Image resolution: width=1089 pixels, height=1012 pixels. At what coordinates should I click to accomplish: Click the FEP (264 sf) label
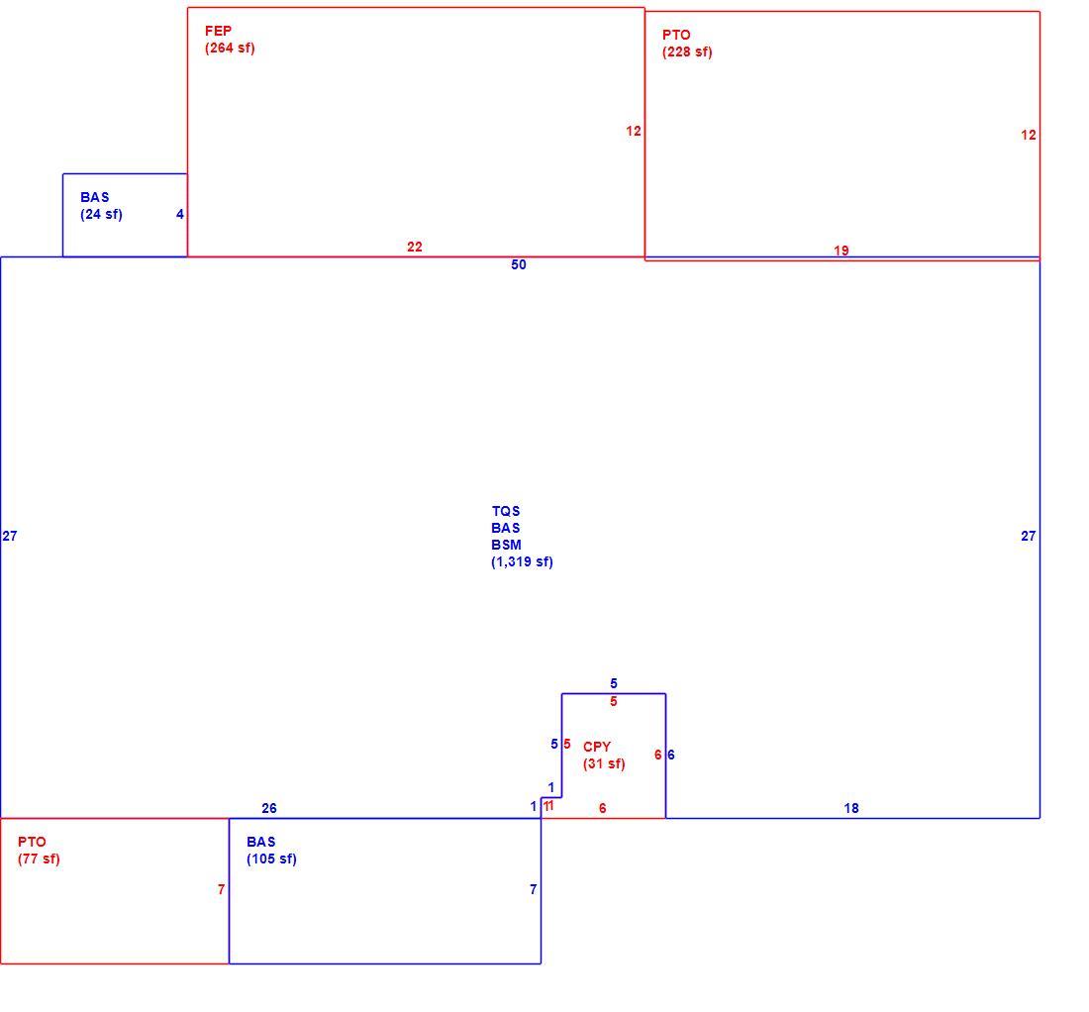pos(230,40)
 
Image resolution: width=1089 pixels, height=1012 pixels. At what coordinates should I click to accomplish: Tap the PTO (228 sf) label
pos(687,44)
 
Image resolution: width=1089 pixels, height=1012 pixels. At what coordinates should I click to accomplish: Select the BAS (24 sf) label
pos(101,206)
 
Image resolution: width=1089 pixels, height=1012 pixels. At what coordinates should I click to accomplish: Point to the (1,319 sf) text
pos(523,561)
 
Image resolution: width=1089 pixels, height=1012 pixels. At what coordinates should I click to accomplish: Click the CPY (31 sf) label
pos(604,756)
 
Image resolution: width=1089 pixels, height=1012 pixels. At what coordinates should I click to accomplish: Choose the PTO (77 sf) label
pos(39,851)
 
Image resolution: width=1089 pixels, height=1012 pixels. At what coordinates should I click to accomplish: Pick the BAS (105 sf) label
pos(271,851)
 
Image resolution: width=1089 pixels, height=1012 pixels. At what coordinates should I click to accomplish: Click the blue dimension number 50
pos(519,264)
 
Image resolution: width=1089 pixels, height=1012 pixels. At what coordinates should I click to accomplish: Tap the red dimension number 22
pos(415,247)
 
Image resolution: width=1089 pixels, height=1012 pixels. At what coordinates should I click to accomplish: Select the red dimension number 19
pos(841,251)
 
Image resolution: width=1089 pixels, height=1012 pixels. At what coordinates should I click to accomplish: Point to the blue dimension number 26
pos(268,808)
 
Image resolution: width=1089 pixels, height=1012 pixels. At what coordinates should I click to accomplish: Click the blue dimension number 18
pos(851,808)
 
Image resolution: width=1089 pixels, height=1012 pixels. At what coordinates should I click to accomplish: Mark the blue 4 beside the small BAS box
pos(180,215)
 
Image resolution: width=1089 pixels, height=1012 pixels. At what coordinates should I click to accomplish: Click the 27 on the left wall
pos(10,537)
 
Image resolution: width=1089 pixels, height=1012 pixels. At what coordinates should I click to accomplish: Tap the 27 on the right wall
pos(1029,537)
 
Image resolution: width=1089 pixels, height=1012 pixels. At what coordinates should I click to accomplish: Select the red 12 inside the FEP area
pos(634,132)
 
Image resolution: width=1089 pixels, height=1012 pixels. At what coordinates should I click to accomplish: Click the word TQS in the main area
pos(506,511)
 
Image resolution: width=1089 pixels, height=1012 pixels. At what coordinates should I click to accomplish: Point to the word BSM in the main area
pos(506,546)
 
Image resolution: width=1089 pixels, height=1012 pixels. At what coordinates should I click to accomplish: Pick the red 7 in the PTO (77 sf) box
pos(222,890)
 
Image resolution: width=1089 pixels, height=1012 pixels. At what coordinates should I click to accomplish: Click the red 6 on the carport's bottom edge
pos(602,808)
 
